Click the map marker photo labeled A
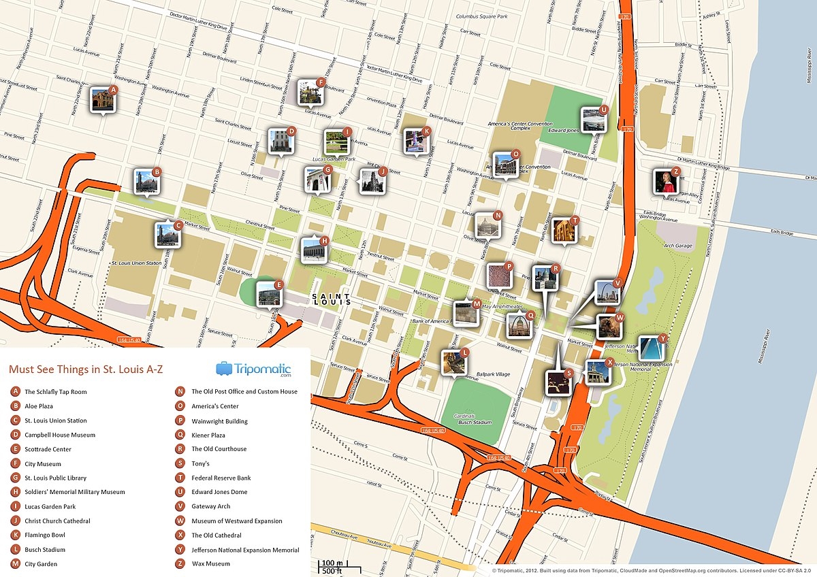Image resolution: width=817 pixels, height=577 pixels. (x=103, y=99)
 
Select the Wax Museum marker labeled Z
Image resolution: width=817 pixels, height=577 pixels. (x=665, y=182)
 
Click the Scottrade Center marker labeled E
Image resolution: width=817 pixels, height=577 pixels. (x=269, y=295)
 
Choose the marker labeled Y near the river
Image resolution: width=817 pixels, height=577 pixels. (x=652, y=348)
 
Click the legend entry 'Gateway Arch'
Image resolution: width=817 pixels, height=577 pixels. (x=212, y=506)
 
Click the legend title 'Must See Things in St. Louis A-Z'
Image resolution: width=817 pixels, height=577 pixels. (x=85, y=369)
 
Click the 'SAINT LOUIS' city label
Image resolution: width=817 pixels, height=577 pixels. (x=331, y=298)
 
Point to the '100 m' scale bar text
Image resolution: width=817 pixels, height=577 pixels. (x=332, y=563)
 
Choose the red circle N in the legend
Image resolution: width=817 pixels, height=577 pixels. (x=180, y=392)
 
